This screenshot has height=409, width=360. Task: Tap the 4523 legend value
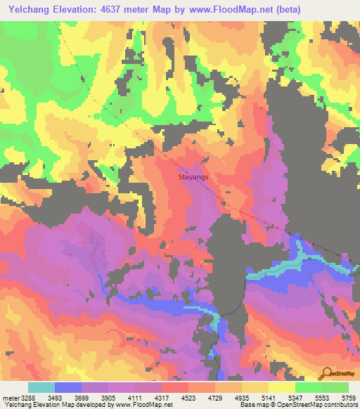click(x=188, y=398)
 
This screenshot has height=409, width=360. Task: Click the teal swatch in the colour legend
click(x=41, y=387)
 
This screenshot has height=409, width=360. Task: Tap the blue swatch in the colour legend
click(x=68, y=387)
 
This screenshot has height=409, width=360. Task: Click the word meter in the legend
click(x=9, y=398)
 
